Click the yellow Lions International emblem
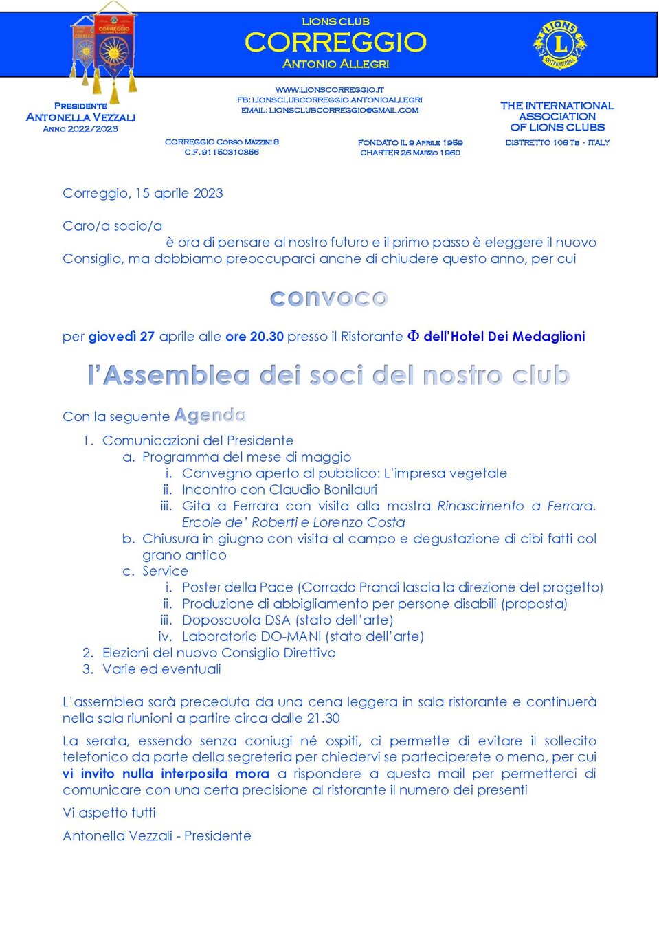point(559,45)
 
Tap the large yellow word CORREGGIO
point(335,43)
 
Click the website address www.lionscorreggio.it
point(330,89)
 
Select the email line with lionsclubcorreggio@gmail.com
point(330,110)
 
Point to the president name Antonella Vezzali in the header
point(80,117)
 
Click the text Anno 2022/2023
point(80,129)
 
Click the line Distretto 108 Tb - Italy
point(557,142)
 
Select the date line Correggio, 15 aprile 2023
point(143,193)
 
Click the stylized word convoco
point(329,298)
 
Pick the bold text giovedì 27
point(121,337)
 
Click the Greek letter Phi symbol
point(413,336)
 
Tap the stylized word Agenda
point(210,416)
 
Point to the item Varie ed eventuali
point(161,669)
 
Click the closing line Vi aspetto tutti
point(109,813)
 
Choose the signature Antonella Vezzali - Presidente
point(157,836)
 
